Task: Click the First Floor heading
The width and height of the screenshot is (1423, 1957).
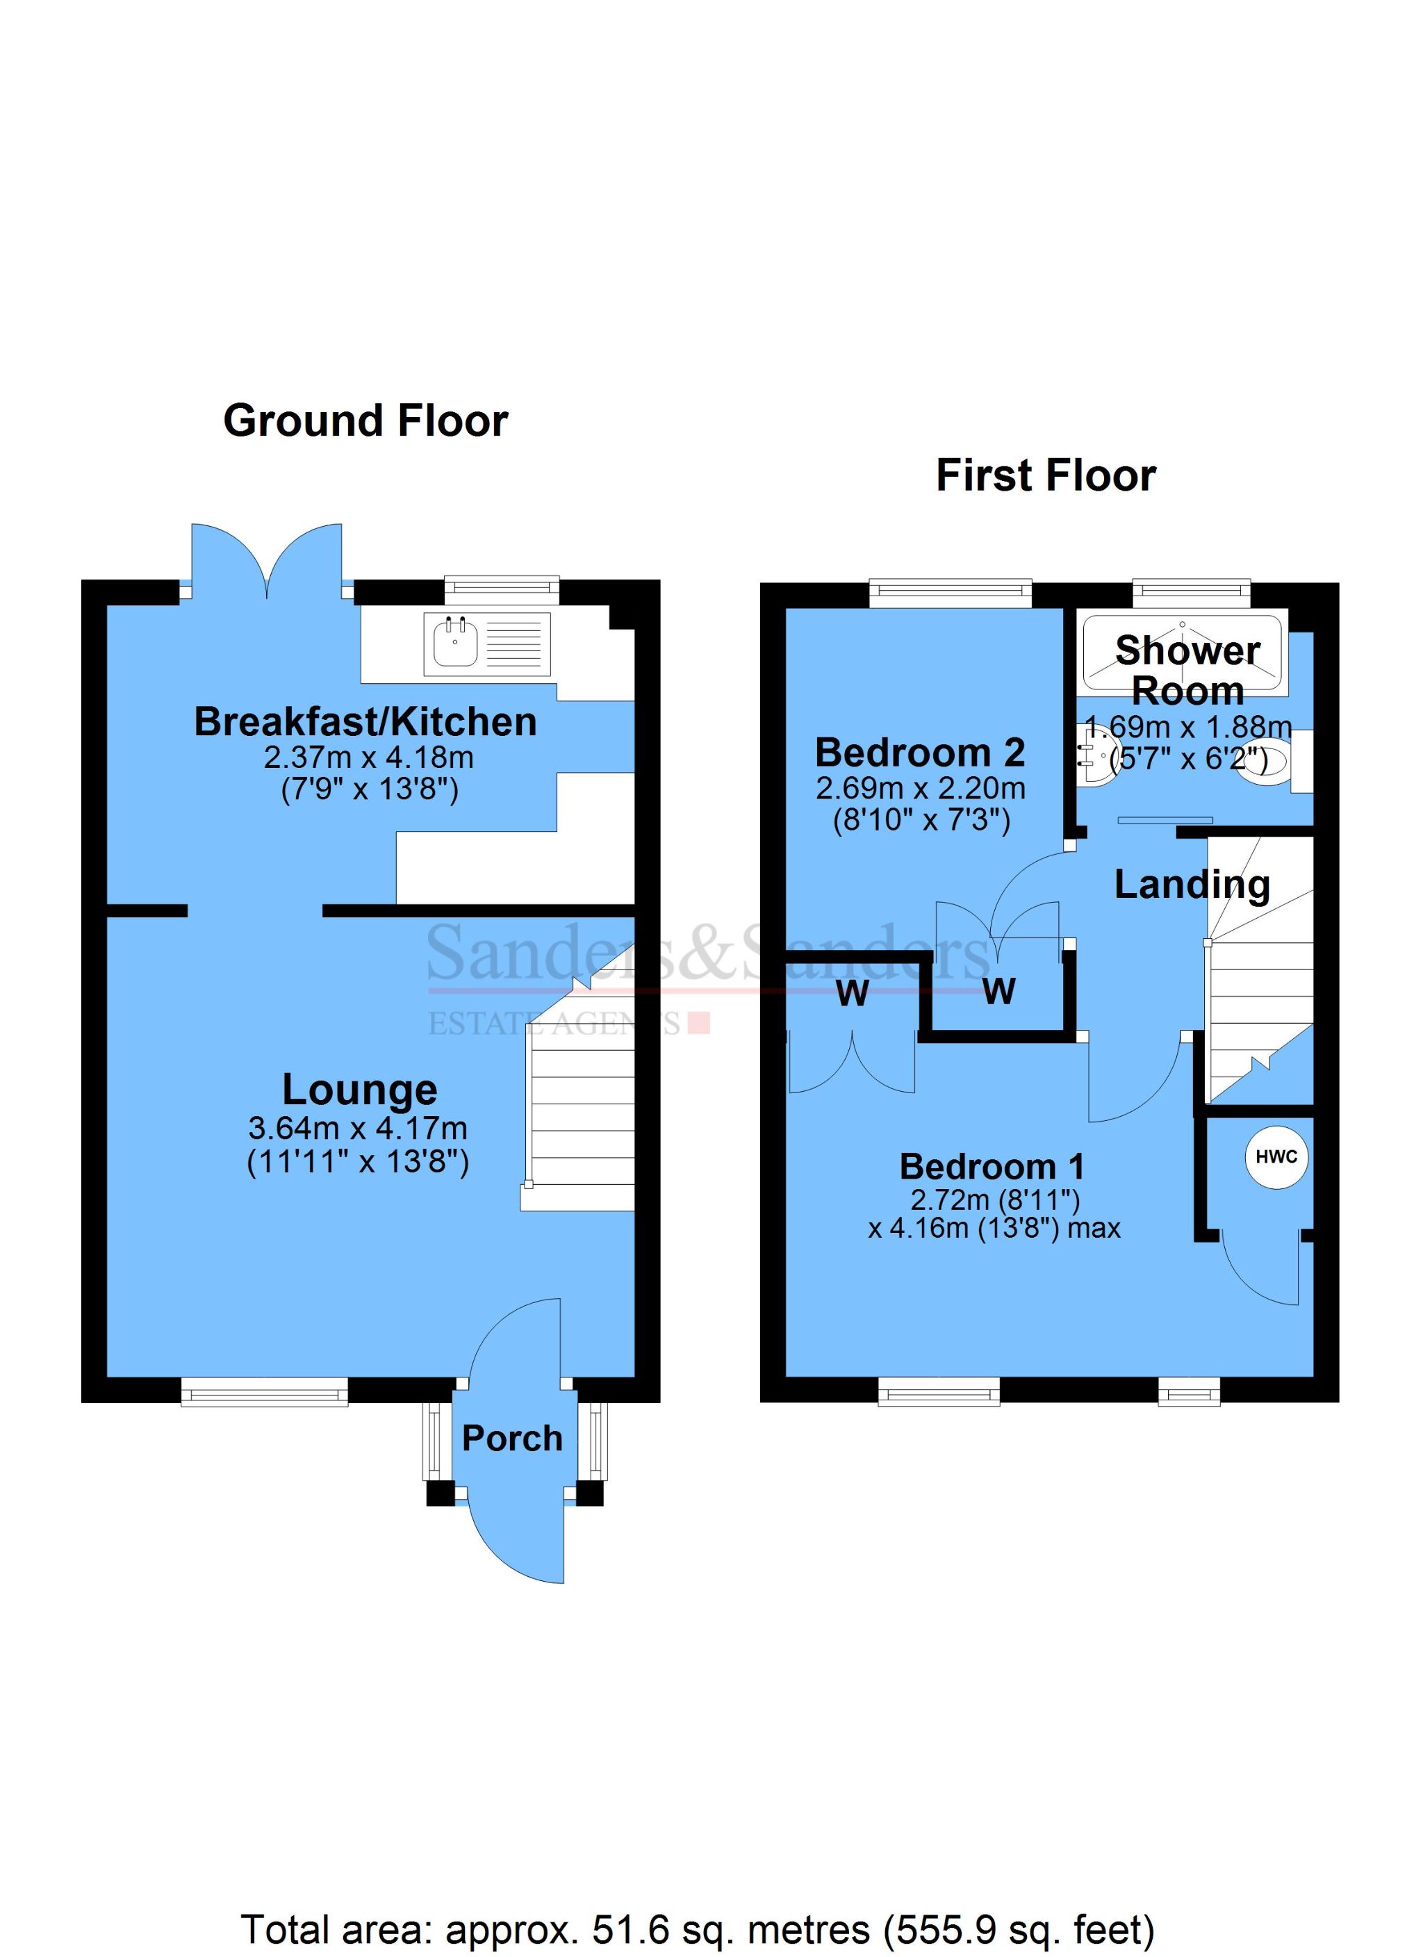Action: pos(1045,475)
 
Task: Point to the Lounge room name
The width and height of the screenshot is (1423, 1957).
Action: pos(360,1090)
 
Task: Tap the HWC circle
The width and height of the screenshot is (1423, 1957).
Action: pos(1276,1157)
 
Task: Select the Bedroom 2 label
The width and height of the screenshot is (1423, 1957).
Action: pos(920,753)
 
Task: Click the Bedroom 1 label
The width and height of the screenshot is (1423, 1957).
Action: pos(992,1167)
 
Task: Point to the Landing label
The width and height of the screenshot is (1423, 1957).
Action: pos(1192,885)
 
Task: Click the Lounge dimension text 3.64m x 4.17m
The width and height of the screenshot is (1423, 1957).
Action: pos(357,1128)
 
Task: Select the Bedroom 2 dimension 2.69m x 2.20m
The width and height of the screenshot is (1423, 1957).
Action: pos(921,788)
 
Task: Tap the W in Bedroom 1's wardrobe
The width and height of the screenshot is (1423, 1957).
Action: pos(852,994)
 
